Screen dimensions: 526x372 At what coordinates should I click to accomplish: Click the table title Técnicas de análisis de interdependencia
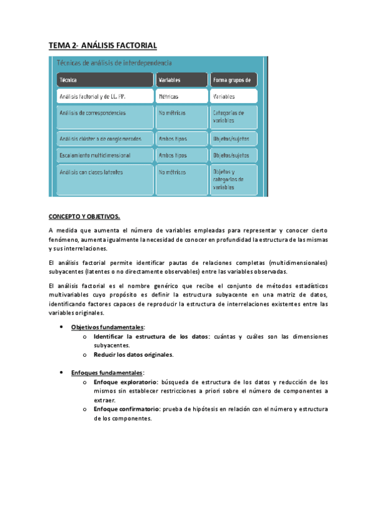pos(114,63)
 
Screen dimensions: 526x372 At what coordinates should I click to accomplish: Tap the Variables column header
pos(181,80)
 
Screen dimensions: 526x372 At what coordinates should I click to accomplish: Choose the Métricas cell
pos(181,97)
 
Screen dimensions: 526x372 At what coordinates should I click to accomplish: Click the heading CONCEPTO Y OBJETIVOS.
pos(84,216)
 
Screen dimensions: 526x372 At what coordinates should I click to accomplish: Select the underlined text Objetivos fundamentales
pos(107,327)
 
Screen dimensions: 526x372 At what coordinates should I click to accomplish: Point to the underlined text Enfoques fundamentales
pos(107,372)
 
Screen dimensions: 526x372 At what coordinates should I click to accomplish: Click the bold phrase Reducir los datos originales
pos(133,355)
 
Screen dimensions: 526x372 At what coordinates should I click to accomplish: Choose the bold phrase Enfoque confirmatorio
pos(127,409)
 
